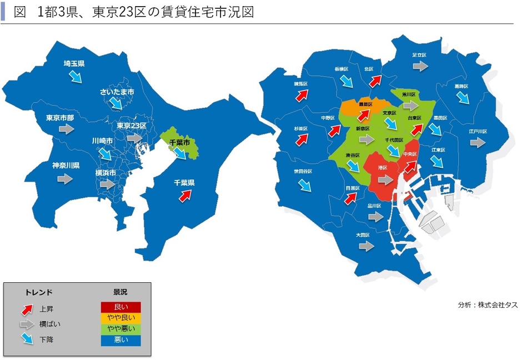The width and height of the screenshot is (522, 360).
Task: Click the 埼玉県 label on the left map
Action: coord(74,63)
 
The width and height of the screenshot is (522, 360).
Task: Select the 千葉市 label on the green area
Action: coord(179,143)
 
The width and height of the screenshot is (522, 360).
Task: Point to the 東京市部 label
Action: coord(60,118)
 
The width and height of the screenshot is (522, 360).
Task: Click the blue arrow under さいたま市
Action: coord(116,103)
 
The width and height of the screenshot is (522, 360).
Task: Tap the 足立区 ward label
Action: coord(419,55)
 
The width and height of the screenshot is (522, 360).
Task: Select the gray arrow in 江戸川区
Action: coord(478,143)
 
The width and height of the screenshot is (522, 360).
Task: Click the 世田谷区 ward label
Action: coord(303,171)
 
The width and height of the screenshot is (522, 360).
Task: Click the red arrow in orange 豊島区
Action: coord(364,115)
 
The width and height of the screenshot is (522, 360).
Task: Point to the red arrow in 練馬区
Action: coord(302,96)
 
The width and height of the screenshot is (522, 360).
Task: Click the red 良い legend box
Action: coord(121,307)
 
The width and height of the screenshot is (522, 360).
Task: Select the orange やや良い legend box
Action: coord(121,318)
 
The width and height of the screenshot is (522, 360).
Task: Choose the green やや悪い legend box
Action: coord(121,329)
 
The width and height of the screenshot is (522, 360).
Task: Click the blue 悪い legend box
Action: coord(121,340)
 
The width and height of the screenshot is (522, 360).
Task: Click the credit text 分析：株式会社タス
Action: coord(484,305)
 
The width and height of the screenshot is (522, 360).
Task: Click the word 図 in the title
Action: coord(21,12)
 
